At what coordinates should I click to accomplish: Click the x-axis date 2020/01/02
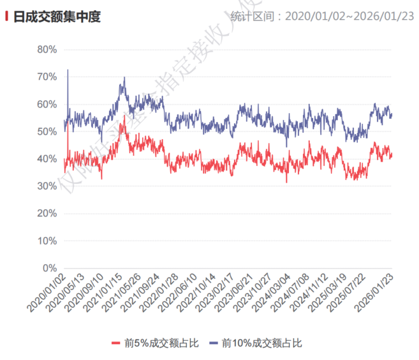[x=47, y=294]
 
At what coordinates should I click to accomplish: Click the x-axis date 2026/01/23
[x=375, y=294]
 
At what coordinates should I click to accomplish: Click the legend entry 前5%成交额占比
[x=162, y=343]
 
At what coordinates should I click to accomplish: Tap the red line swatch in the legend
[x=116, y=343]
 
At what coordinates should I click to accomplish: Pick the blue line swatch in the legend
[x=212, y=343]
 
